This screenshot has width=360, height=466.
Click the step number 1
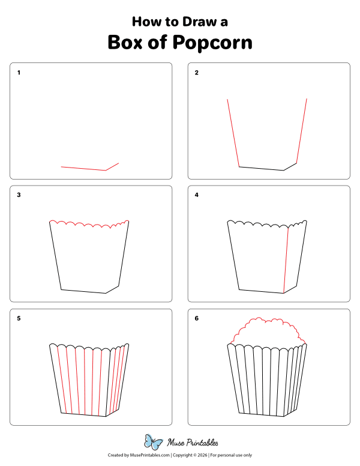(19, 73)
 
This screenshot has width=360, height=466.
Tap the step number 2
(197, 73)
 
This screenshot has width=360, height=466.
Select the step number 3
(19, 195)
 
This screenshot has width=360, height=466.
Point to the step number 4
(197, 195)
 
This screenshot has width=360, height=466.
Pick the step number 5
(19, 318)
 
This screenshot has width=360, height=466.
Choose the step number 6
(197, 318)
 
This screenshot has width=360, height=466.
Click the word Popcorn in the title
(212, 43)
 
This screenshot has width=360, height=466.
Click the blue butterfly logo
(154, 443)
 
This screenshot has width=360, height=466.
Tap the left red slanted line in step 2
(233, 133)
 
